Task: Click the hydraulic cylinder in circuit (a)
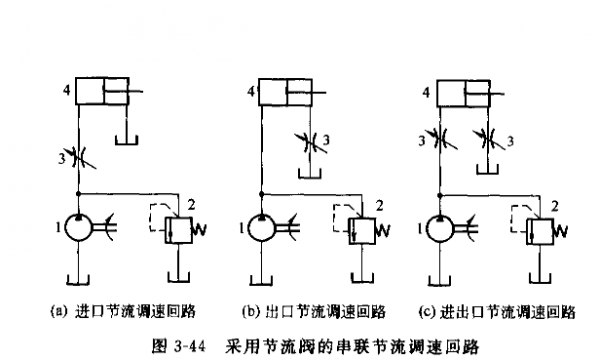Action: click(x=103, y=94)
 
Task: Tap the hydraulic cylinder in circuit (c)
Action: click(x=464, y=94)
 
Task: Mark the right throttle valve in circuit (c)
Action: click(x=487, y=138)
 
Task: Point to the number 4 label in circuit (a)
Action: click(x=65, y=92)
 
